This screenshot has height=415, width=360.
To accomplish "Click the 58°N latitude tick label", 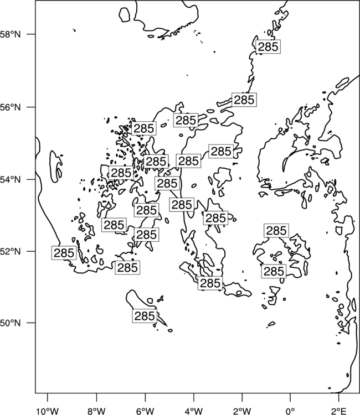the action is tap(10, 34).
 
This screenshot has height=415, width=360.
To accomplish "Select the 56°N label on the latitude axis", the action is tap(10, 107).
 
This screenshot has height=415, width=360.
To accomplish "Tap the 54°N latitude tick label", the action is tap(10, 180).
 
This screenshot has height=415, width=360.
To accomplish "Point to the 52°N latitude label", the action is tap(10, 251).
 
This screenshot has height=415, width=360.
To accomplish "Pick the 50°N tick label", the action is tap(10, 323).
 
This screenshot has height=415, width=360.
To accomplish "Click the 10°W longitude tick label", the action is tap(48, 411).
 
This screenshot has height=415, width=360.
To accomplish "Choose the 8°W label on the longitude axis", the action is tap(96, 411).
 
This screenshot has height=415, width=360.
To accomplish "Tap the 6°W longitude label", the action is tap(145, 411).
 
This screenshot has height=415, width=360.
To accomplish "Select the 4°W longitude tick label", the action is tap(194, 411).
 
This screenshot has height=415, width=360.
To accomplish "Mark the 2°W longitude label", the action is tap(242, 411).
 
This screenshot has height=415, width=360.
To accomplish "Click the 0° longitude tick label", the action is tap(290, 411).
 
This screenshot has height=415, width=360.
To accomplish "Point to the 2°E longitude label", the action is tap(339, 411).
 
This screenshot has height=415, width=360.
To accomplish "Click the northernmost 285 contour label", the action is tap(268, 47).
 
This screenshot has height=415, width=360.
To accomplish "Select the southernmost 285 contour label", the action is tap(145, 316).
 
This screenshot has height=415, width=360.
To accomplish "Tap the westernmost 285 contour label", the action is tap(64, 253).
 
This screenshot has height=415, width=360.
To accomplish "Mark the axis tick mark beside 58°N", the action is tap(32, 34).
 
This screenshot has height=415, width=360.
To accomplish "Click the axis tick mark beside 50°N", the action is tap(32, 323).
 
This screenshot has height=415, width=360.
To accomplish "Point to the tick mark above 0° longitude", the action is tap(290, 397).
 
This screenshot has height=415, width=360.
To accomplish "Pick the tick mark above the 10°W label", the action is tap(48, 397).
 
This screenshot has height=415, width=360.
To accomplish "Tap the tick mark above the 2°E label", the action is tap(339, 397).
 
